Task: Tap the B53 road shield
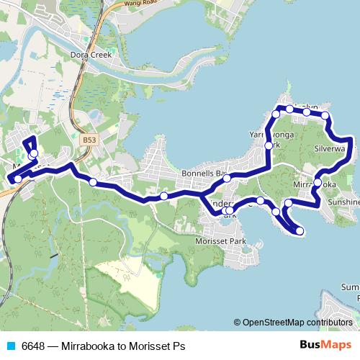coord(89,140)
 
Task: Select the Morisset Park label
coord(221,241)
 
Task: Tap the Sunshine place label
coord(344,203)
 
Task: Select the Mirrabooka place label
coord(315,184)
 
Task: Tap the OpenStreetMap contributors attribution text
coord(297,322)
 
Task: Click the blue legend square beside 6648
coord(9,345)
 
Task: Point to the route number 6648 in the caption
coord(34,345)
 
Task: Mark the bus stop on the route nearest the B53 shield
coord(93,182)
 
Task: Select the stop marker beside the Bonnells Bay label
coord(226,178)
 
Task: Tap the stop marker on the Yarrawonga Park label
coord(269,145)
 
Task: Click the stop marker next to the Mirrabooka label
coord(318,183)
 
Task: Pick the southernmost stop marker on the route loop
coord(300,231)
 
